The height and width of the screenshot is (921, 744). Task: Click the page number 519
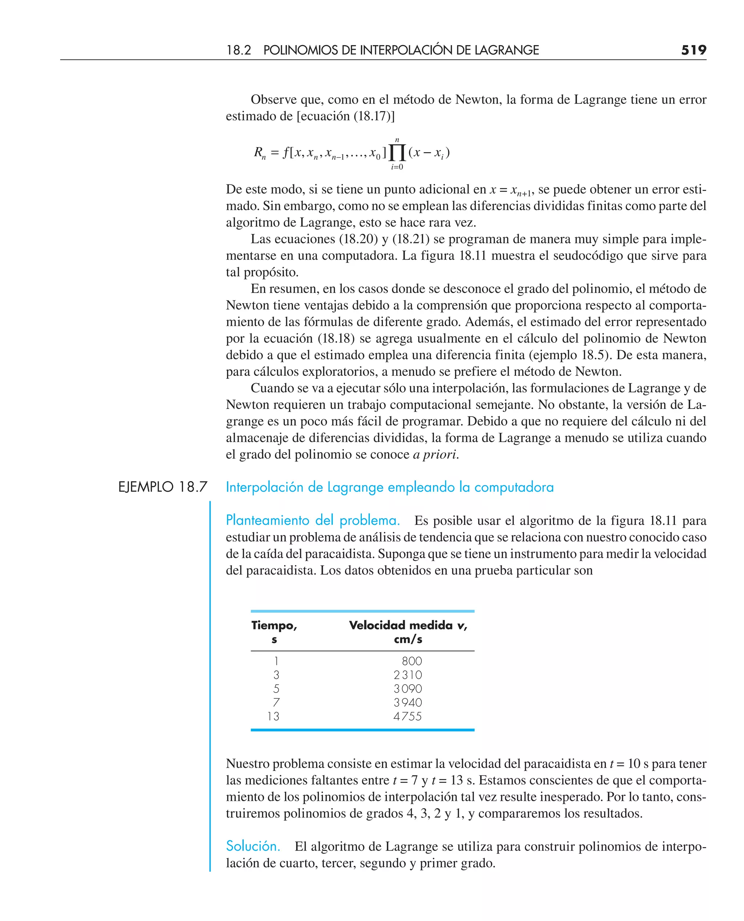point(694,50)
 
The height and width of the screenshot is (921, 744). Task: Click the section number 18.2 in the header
point(238,50)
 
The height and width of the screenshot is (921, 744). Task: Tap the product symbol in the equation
point(397,153)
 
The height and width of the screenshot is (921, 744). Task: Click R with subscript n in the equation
point(260,153)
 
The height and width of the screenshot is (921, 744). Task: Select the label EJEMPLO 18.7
point(162,487)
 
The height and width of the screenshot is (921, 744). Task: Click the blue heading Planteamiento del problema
point(312,520)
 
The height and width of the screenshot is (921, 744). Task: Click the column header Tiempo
point(274,625)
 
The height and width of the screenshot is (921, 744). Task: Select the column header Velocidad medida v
point(408,625)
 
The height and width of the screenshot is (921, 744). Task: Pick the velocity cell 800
point(412,661)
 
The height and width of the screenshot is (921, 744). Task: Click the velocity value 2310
point(408,675)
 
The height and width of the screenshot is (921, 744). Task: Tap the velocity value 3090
point(408,689)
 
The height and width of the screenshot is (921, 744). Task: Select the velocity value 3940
point(408,702)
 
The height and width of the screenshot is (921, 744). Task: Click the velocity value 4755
point(408,716)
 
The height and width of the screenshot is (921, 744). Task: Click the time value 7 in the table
point(276,702)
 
